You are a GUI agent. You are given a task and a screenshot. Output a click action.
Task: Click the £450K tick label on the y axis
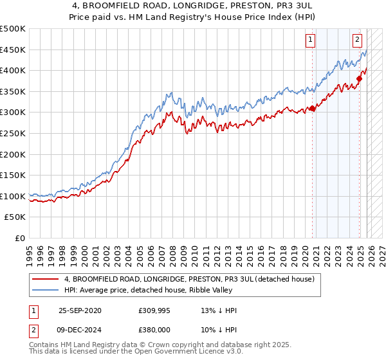13,50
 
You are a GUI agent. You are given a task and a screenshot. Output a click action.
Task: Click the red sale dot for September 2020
313,109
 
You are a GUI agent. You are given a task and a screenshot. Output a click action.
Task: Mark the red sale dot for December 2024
360,79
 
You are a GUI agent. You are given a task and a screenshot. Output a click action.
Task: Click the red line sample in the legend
45,279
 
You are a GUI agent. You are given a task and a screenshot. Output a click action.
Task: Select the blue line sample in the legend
45,291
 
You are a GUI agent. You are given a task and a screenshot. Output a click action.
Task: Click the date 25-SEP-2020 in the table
80,310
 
